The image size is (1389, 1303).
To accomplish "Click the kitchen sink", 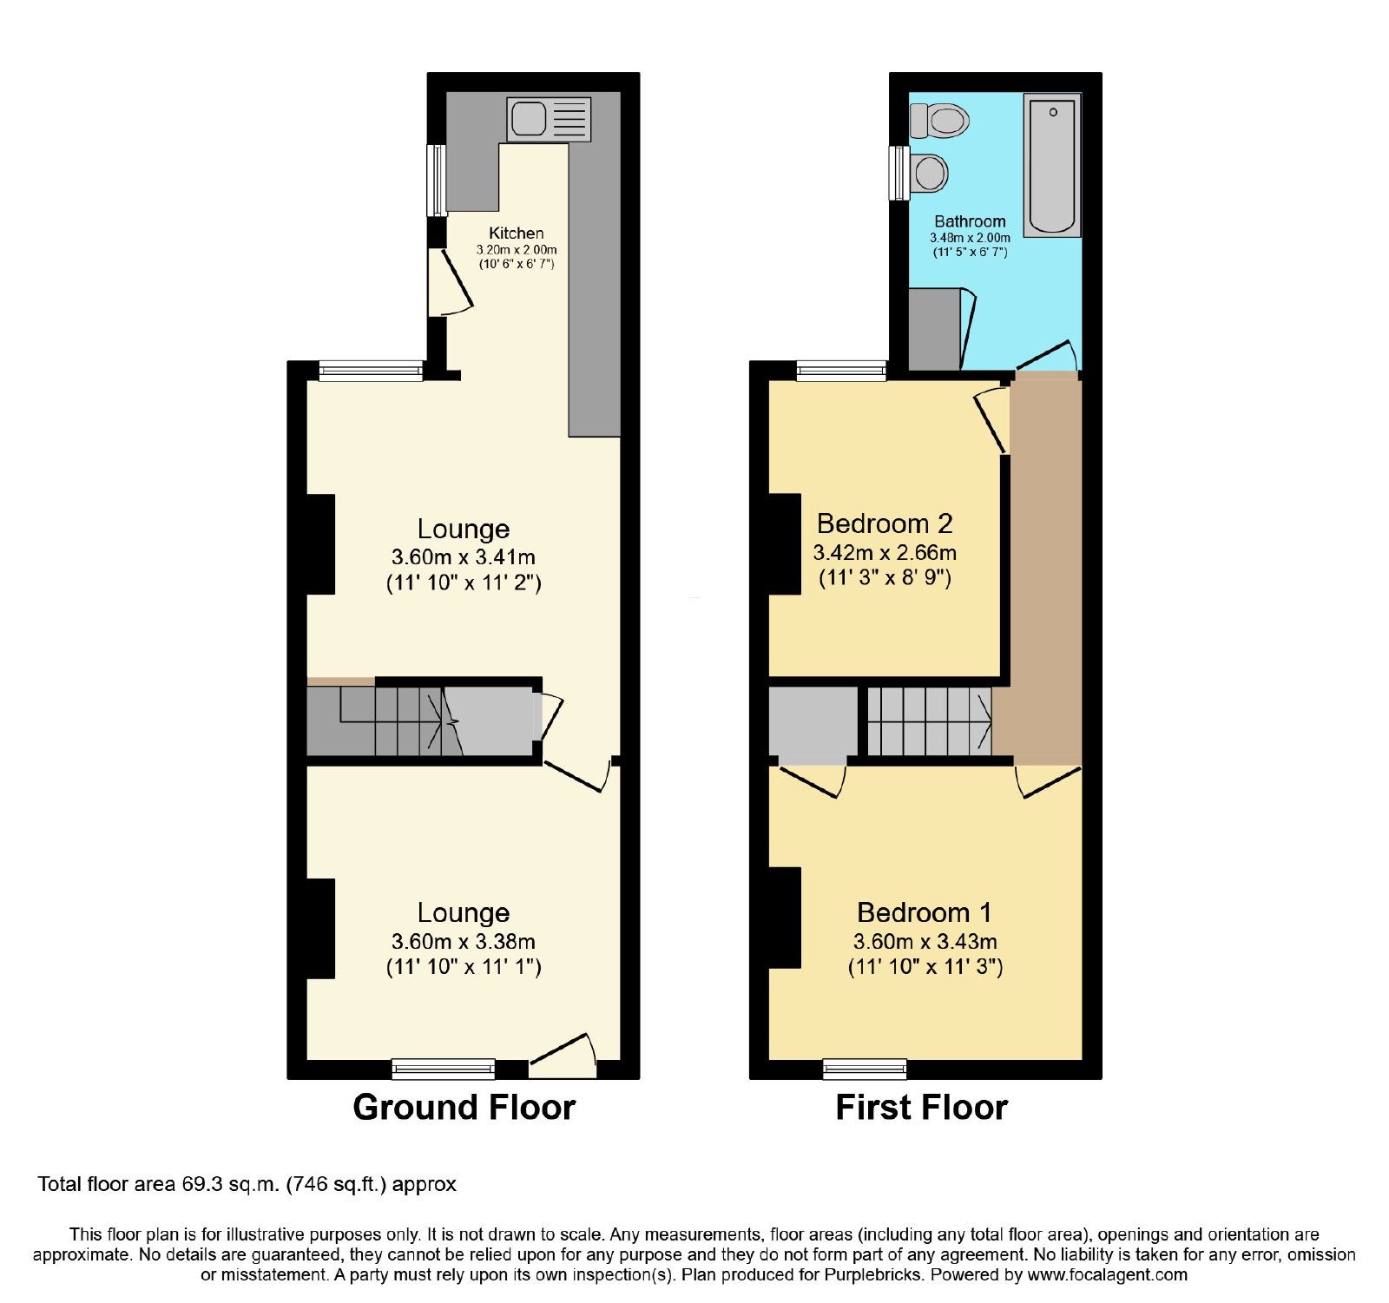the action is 549,119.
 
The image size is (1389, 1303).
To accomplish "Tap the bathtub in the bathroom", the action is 1052,165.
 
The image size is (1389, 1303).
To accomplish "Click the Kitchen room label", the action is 517,233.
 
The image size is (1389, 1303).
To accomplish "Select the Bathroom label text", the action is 970,221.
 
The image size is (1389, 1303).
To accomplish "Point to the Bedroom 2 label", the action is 885,523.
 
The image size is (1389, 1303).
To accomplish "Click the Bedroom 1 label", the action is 925,912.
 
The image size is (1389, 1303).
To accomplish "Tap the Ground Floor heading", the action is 464,1108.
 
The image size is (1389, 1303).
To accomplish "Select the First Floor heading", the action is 922,1108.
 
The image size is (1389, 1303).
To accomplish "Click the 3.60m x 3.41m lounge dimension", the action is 464,556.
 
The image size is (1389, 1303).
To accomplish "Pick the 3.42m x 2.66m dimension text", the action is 885,552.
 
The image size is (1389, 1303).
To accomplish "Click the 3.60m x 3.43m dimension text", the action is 925,941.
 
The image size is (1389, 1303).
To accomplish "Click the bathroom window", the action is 899,173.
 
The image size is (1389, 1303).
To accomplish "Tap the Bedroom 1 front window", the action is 865,1069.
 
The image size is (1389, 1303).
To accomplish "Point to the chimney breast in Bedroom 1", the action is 785,918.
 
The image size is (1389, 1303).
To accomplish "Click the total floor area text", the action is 247,1184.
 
